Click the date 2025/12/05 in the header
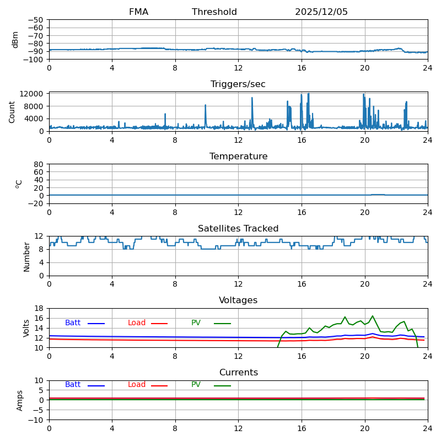coord(321,12)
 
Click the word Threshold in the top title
coord(214,12)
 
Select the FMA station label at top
coord(138,12)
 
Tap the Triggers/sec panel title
coord(238,84)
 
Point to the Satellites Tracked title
coord(238,229)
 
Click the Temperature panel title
coord(238,157)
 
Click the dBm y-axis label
coord(15,40)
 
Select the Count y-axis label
coord(12,112)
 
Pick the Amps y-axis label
coord(20,400)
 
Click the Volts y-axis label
coord(26,328)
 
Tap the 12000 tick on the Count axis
coord(33,94)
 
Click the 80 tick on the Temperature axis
coord(39,164)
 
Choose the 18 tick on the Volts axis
coord(39,309)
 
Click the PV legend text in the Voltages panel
coord(196,323)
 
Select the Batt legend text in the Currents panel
coord(73,385)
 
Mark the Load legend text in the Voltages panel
coord(137,323)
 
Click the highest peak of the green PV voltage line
coord(373,316)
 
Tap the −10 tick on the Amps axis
coord(36,420)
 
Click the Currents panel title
coord(238,373)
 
